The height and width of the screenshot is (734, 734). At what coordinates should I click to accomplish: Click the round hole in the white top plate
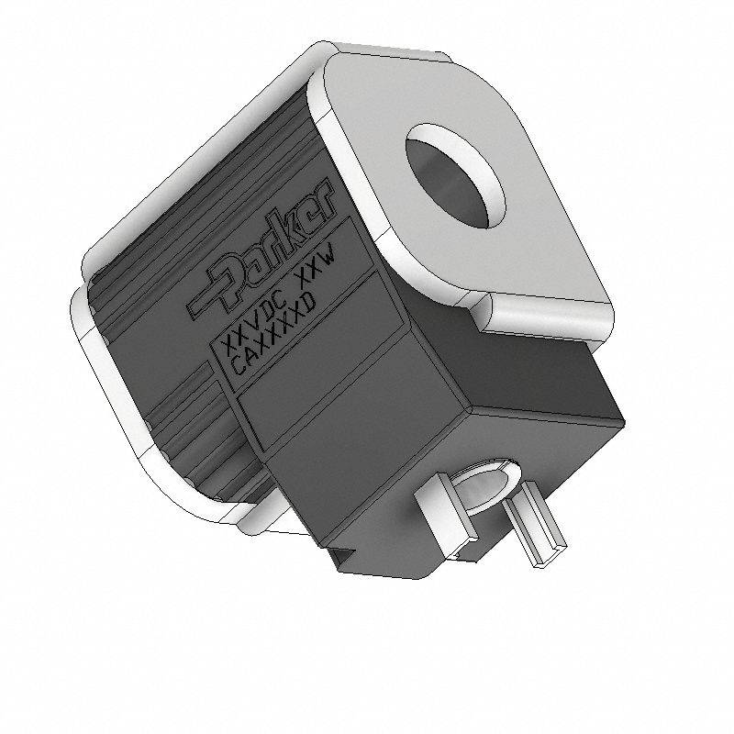click(x=456, y=175)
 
